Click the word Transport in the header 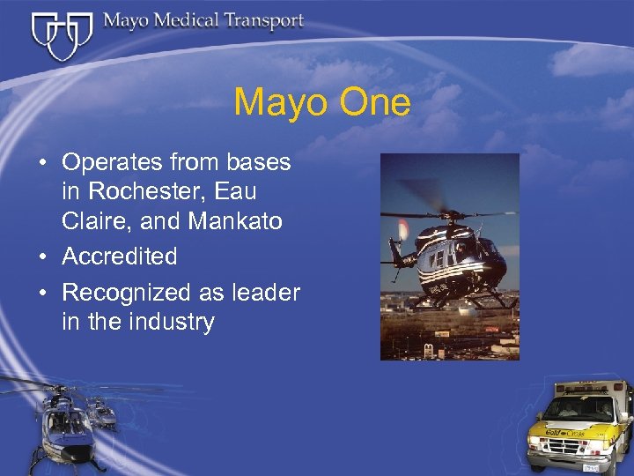click(x=255, y=21)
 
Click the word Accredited click(x=120, y=257)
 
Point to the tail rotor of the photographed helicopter click(x=403, y=232)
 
